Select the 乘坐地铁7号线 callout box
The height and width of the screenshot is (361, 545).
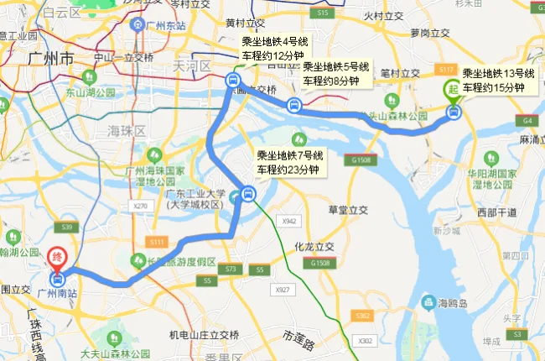point(289,162)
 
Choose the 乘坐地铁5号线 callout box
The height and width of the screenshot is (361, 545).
point(335,74)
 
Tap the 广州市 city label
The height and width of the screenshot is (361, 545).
point(50,59)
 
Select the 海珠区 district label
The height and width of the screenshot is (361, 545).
point(126,132)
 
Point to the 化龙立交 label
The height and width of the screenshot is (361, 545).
point(314,247)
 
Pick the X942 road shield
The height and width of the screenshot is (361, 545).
point(290,221)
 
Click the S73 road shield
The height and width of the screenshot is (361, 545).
point(230,269)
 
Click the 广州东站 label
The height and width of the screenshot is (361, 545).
point(156,26)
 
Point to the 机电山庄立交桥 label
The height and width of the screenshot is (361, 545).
point(204,335)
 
